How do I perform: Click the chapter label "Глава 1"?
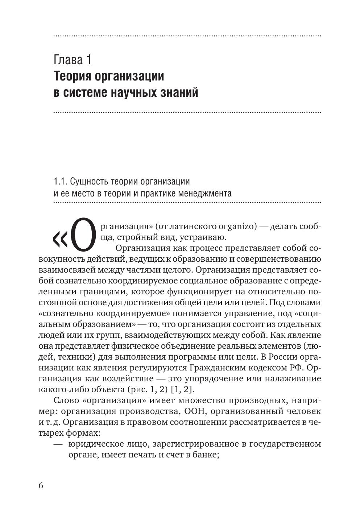point(73,59)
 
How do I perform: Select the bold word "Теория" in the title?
point(72,76)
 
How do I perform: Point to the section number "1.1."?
point(60,181)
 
